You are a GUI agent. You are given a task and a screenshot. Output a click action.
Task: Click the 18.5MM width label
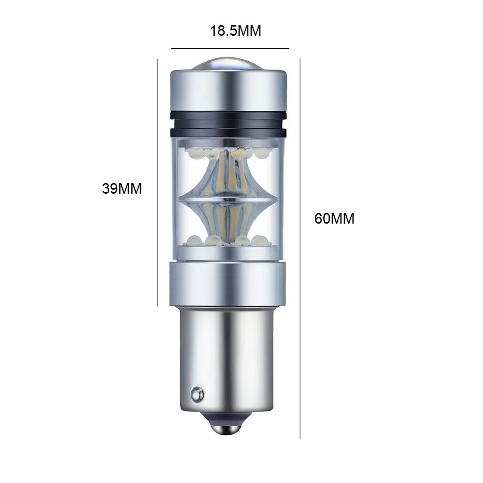pos(236,31)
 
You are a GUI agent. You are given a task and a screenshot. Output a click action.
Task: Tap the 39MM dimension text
pos(122,188)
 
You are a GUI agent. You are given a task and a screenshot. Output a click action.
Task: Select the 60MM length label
pos(334,218)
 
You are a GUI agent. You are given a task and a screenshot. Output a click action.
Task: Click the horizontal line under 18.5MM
pos(230,48)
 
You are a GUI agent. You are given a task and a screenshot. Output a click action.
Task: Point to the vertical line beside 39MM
pos(157,183)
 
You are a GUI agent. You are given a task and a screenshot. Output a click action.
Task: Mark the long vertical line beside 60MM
pos(300,248)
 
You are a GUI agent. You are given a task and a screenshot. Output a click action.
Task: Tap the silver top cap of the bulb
pos(228,91)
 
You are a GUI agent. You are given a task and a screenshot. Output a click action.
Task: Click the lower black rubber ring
pos(228,132)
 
